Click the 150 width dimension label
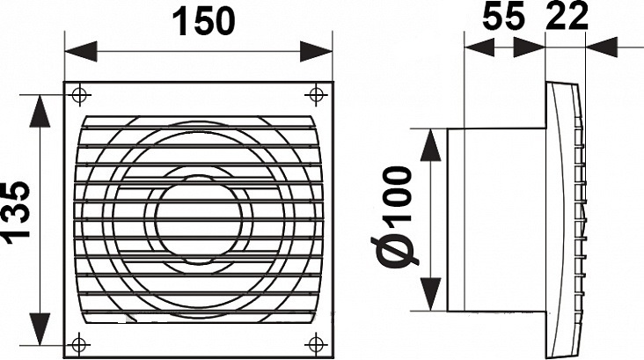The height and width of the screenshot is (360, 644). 204,21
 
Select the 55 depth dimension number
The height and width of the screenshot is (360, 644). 504,17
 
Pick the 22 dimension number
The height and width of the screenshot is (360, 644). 567,17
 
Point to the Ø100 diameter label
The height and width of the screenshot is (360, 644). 396,217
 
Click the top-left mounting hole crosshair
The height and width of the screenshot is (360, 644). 79,95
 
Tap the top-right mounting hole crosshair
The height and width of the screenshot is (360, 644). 316,95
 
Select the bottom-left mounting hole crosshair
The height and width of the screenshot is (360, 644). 79,344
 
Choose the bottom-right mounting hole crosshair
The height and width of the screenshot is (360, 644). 316,344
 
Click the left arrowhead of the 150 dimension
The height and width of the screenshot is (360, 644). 81,51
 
